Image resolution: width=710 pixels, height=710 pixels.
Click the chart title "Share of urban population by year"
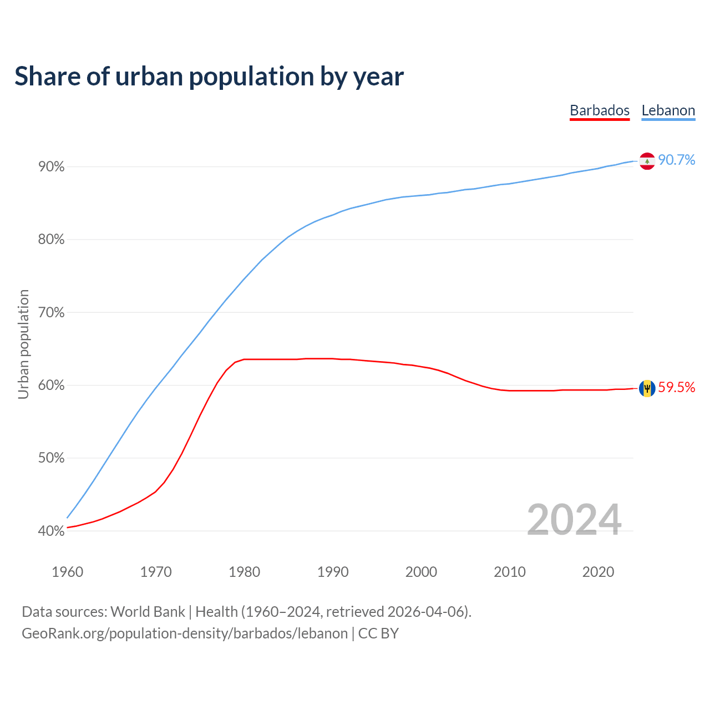(209, 77)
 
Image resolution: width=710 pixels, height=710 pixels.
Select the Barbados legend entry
(600, 110)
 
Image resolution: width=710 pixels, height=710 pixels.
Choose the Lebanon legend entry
(668, 110)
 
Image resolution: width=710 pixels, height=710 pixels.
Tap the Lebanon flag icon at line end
(647, 161)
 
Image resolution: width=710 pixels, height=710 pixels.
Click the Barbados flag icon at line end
(647, 388)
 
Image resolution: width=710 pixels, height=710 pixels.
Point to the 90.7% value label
(676, 160)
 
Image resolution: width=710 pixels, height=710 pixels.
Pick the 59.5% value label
(676, 388)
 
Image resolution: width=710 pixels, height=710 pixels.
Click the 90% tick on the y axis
(52, 167)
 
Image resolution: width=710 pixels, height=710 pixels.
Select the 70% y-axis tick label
(52, 313)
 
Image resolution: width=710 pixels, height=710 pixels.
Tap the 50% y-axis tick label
(52, 458)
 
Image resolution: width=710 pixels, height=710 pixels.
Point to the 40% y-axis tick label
(52, 531)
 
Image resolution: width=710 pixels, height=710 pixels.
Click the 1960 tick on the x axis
(68, 572)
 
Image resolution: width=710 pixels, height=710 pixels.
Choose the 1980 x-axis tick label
(245, 572)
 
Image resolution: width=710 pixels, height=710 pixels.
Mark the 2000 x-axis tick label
(422, 572)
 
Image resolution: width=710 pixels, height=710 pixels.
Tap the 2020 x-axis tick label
(598, 572)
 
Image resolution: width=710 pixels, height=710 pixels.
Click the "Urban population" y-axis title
(23, 344)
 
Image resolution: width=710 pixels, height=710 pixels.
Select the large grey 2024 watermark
(574, 520)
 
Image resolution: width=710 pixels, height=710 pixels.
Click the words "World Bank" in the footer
(148, 612)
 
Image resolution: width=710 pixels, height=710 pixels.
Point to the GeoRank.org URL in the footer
(185, 633)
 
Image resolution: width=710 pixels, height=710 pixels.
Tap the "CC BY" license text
(378, 633)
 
